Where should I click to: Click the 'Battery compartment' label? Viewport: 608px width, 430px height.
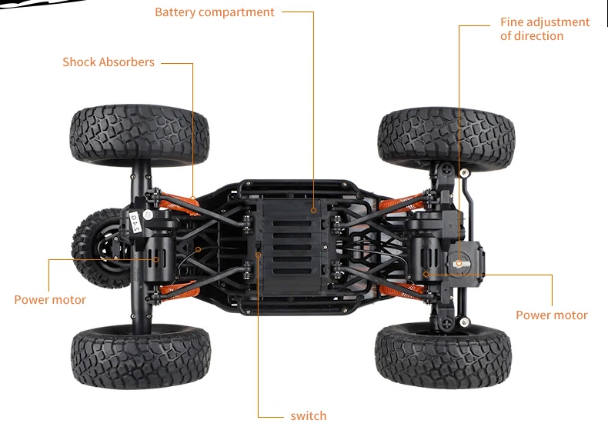click(x=215, y=12)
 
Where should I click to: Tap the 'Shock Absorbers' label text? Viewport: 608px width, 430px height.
click(x=109, y=62)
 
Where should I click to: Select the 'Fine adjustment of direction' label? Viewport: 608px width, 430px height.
click(x=544, y=29)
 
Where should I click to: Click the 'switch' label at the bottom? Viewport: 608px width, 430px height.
click(x=308, y=416)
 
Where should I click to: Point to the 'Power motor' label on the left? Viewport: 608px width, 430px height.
click(x=50, y=300)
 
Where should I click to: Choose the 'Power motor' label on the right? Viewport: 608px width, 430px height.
click(x=551, y=315)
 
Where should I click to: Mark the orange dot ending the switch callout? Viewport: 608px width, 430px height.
click(x=259, y=252)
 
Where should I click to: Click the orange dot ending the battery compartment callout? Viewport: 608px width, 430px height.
click(x=314, y=208)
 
